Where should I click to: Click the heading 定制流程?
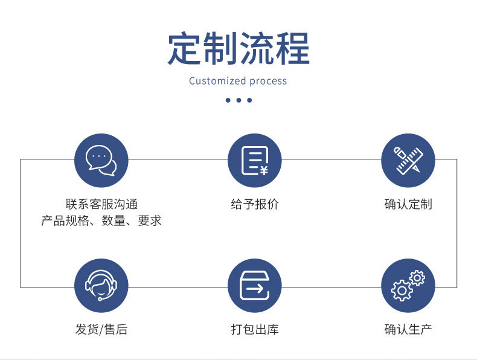(x=238, y=48)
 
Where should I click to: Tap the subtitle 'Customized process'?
(x=238, y=81)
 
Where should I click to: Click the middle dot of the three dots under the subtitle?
(x=238, y=100)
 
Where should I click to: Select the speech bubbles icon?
(x=101, y=161)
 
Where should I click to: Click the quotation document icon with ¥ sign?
(x=254, y=161)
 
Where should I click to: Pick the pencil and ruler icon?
(x=408, y=161)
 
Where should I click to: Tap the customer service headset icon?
(x=101, y=286)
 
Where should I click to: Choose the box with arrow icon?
(x=254, y=286)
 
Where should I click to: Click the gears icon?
(x=408, y=286)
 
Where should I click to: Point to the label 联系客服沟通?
(x=101, y=204)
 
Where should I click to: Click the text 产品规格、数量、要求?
(x=101, y=221)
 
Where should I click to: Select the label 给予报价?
(x=254, y=204)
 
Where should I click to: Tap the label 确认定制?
(x=408, y=204)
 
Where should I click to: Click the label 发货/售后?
(x=101, y=329)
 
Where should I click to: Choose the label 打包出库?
(x=254, y=329)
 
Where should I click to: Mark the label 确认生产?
(x=408, y=329)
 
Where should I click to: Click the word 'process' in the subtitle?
(x=268, y=82)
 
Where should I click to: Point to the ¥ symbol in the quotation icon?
(x=264, y=170)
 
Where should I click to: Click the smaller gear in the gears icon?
(x=417, y=278)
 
